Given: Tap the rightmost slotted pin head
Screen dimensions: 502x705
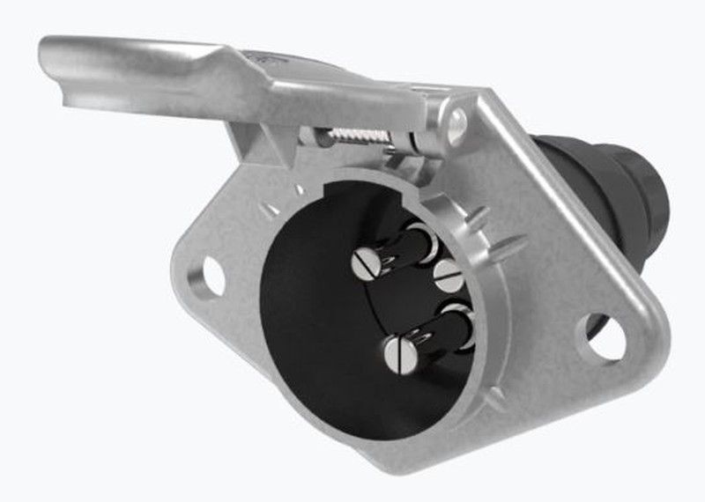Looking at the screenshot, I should coord(449,276).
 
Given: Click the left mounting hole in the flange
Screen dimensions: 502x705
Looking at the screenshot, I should coord(211,275).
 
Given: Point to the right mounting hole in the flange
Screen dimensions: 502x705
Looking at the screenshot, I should coord(605,336).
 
